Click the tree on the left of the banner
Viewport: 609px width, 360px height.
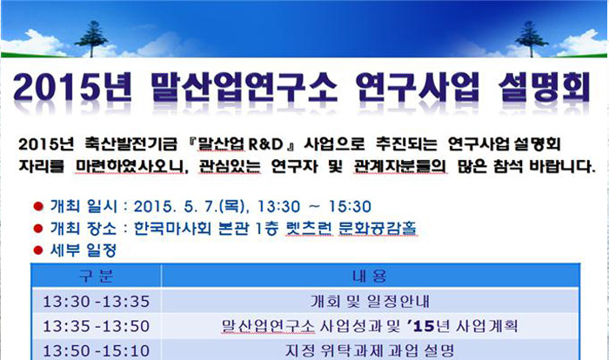pos(91,39)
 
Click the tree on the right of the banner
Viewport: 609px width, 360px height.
pos(531,39)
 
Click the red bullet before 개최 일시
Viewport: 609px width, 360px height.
pos(38,206)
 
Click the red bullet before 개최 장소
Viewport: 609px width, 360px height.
pos(38,229)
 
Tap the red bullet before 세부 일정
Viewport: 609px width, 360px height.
pos(38,250)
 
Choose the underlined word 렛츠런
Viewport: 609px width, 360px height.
pos(309,228)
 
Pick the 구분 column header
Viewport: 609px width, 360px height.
pos(96,277)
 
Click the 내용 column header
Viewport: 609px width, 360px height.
pos(370,277)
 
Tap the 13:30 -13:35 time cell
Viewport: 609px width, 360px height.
pos(96,302)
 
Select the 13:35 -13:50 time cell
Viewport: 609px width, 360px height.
pos(96,326)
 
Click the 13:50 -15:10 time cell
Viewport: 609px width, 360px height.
pos(96,351)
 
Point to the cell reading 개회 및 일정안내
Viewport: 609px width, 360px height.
pos(370,302)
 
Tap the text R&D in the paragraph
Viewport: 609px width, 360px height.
pos(265,144)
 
